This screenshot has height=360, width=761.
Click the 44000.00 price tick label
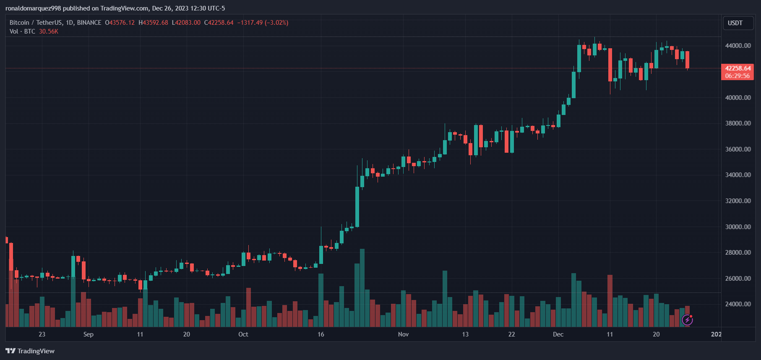[738, 46]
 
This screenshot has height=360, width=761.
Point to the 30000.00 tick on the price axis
[738, 227]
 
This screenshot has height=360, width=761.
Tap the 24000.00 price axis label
[738, 304]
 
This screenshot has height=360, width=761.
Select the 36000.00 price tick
[738, 149]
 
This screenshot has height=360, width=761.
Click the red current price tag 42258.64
[738, 68]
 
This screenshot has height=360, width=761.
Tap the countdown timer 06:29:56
[737, 76]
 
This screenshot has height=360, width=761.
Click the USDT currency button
[735, 23]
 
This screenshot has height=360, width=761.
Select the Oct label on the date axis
[243, 334]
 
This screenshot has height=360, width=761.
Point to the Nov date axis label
[403, 334]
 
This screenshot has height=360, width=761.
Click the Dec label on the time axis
[558, 334]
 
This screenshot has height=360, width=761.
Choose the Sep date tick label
[89, 334]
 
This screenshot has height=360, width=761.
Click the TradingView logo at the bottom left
[30, 351]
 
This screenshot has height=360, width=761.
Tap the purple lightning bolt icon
[687, 320]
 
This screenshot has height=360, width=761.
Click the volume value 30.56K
[49, 31]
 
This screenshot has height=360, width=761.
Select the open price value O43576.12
[120, 23]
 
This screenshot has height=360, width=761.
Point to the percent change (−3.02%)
[276, 23]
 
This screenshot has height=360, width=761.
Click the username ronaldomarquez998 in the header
[33, 8]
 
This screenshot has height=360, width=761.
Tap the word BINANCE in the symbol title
[89, 23]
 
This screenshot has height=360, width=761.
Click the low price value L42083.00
[186, 23]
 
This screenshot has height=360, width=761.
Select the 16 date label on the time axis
[321, 334]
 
